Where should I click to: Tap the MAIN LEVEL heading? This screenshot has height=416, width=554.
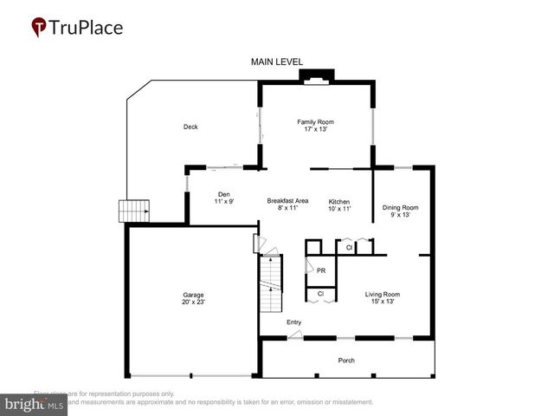276,62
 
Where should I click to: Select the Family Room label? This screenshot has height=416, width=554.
315,122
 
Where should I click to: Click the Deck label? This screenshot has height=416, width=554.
190,127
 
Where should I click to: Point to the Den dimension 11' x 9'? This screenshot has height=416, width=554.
224,201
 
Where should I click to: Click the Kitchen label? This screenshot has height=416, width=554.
338,200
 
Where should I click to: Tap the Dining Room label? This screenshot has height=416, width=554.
400,207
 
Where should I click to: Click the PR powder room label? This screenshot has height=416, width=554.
320,270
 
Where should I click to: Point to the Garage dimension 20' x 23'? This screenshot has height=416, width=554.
193,302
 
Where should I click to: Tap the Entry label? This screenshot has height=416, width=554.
294,322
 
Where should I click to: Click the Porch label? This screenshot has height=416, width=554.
346,361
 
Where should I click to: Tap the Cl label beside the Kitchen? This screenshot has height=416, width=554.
349,248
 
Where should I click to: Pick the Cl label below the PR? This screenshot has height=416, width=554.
320,294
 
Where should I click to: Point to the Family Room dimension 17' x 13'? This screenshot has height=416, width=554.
315,130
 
